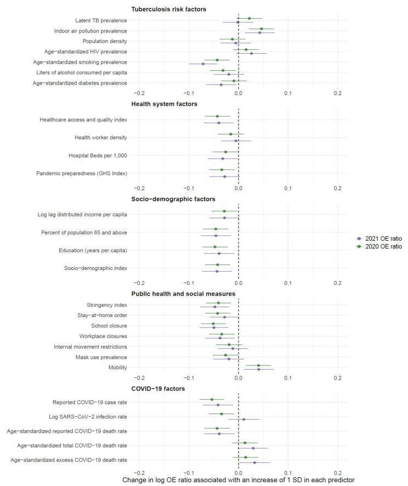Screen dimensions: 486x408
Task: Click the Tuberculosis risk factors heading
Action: pos(169,9)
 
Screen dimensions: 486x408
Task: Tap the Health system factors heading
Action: pos(165,104)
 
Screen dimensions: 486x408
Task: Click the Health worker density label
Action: pos(100,137)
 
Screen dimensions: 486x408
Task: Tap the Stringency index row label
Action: pos(107,305)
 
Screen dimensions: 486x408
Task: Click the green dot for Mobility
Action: pos(259,366)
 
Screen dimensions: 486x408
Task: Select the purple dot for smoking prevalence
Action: pos(203,64)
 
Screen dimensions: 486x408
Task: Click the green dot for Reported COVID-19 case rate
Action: pos(212,399)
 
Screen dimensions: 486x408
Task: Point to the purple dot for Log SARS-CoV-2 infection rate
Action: pos(244,420)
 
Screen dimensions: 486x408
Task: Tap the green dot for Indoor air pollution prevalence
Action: pos(262,29)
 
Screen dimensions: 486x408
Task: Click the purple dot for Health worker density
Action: pos(236,141)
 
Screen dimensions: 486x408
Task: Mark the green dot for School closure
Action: pos(213,324)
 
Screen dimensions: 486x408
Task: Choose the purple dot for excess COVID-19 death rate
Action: pos(254,462)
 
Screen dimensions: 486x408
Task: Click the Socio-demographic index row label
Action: pos(95,268)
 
